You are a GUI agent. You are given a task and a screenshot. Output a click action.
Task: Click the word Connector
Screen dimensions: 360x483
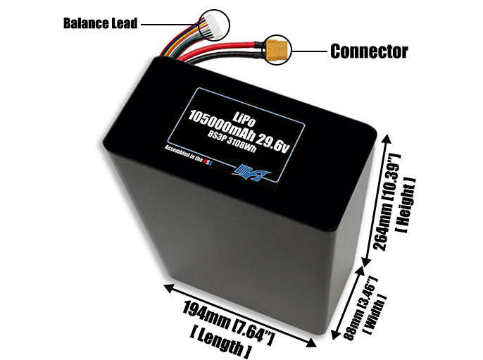pyautogui.click(x=369, y=51)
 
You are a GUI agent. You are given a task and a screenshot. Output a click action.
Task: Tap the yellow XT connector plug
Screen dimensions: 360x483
pyautogui.click(x=277, y=50)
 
